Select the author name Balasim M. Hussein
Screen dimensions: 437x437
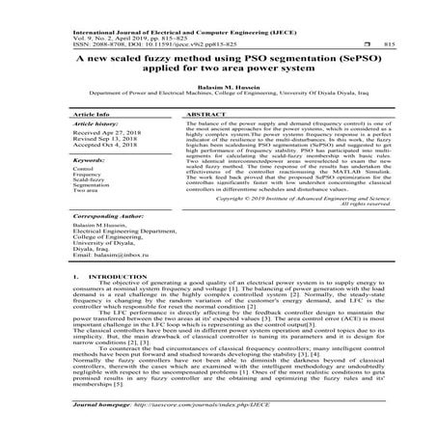(218, 87)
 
